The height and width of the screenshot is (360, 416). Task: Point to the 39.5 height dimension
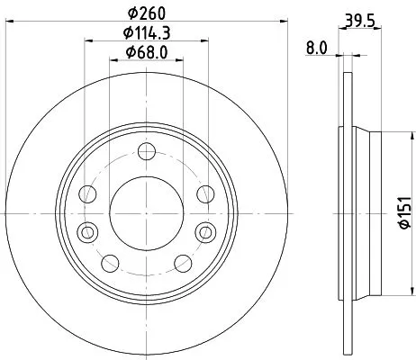click(x=361, y=19)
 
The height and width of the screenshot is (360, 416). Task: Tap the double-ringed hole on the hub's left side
click(x=87, y=231)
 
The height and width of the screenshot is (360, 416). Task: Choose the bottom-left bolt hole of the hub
click(x=110, y=262)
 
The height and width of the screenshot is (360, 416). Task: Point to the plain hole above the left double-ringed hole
click(x=87, y=193)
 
